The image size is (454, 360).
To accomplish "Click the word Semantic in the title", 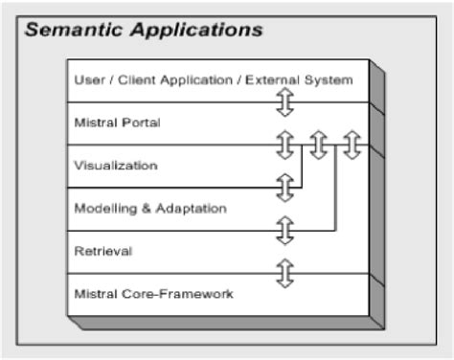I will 72,29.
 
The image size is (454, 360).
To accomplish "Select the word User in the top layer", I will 88,79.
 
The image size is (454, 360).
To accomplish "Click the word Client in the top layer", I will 132,79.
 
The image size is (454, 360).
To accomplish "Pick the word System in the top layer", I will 330,79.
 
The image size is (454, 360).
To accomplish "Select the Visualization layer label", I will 115,165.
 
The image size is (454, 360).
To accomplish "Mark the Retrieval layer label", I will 102,251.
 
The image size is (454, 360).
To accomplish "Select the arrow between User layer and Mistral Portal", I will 284,101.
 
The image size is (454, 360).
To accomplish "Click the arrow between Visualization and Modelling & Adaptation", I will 284,188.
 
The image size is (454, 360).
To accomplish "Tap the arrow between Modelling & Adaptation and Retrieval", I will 284,230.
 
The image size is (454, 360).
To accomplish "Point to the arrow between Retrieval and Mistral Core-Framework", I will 284,273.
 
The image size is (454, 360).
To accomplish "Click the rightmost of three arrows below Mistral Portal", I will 352,145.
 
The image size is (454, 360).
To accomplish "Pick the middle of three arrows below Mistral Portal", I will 319,145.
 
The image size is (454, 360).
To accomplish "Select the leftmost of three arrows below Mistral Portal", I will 284,145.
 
